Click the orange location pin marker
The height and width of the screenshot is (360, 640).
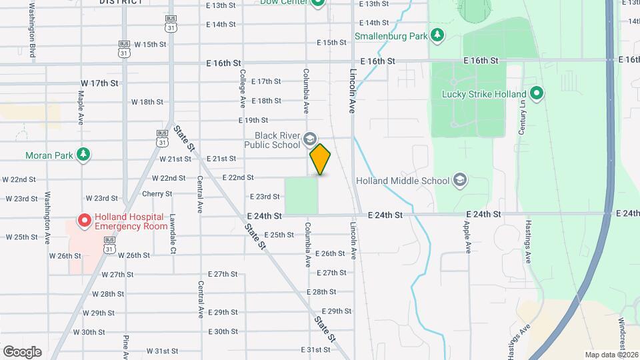320,159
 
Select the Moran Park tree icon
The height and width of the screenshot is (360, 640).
83,155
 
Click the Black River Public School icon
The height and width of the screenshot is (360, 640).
309,139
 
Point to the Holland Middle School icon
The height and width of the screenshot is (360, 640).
459,180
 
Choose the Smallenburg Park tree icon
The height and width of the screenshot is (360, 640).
437,35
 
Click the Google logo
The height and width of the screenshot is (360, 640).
22,351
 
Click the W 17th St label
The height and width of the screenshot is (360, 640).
99,83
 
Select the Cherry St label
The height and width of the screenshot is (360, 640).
157,194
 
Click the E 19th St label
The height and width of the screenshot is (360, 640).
253,120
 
